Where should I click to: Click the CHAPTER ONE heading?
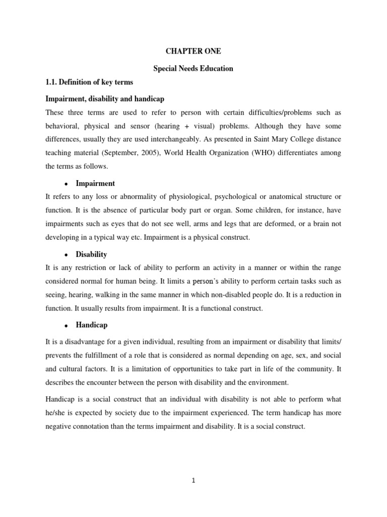(193, 51)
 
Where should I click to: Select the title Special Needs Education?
(193, 68)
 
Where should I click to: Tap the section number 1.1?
(52, 82)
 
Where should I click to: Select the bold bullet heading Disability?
(91, 254)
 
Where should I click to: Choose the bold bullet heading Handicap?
(91, 325)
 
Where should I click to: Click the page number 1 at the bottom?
(193, 481)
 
